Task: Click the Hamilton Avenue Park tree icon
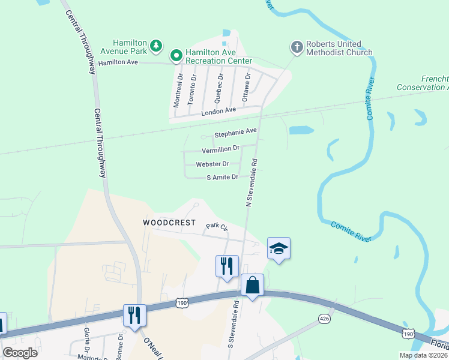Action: pyautogui.click(x=155, y=45)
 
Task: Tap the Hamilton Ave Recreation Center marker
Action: pyautogui.click(x=176, y=56)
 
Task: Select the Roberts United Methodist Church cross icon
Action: pyautogui.click(x=297, y=46)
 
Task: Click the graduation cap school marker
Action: pyautogui.click(x=279, y=247)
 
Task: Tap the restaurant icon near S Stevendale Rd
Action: pyautogui.click(x=227, y=265)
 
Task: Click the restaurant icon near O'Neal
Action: pyautogui.click(x=134, y=314)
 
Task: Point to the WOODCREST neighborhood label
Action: pyautogui.click(x=169, y=223)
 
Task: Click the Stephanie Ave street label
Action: pyautogui.click(x=236, y=131)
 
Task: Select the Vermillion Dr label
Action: pyautogui.click(x=220, y=149)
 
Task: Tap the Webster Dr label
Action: pyautogui.click(x=212, y=164)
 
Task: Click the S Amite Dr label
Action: pyautogui.click(x=222, y=178)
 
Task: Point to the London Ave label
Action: pyautogui.click(x=218, y=111)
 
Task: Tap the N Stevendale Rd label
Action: pyautogui.click(x=252, y=183)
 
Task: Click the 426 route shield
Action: pyautogui.click(x=325, y=318)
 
